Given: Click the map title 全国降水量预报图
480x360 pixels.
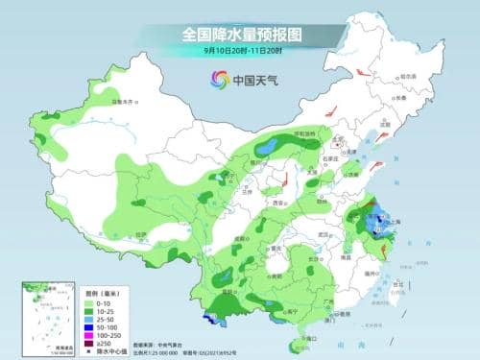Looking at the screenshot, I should (x=240, y=34).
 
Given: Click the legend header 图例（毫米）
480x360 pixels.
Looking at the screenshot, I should (x=97, y=290).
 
